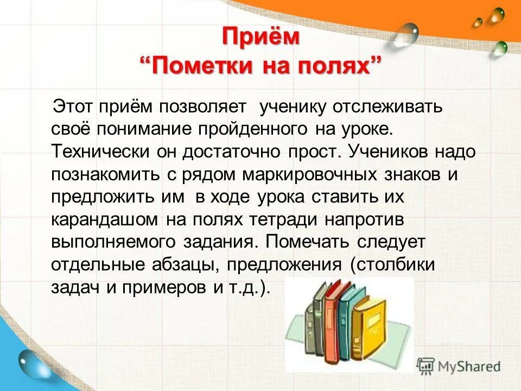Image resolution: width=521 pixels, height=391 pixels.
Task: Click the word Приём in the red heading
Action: point(260,37)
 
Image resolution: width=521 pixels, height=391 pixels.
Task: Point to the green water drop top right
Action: point(499,49)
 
